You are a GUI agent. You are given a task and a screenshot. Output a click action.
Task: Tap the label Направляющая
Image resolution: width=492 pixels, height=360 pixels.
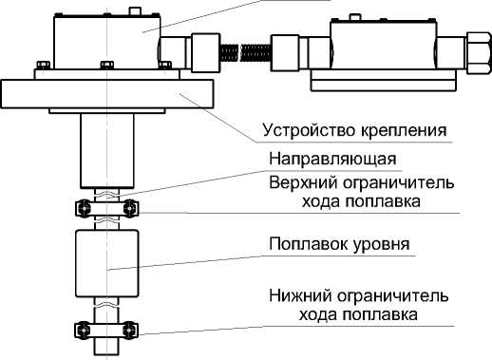[x=332, y=159]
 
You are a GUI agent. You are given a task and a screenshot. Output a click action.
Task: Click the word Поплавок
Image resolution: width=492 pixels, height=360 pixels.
[x=304, y=244]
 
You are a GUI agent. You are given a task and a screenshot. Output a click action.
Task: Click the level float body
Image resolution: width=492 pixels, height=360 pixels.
[x=107, y=263]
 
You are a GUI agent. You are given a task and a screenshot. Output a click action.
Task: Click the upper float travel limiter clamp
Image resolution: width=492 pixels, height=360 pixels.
[x=107, y=209]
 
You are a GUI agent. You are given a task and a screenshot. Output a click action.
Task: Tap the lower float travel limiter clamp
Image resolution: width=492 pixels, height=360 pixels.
[x=106, y=331]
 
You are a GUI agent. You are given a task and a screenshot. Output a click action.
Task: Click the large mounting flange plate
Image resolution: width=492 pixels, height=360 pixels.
[x=107, y=94]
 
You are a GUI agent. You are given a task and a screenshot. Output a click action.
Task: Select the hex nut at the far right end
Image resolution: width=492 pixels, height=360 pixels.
[x=479, y=52]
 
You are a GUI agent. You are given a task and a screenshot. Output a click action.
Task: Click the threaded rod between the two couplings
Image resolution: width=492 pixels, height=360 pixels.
[x=245, y=52]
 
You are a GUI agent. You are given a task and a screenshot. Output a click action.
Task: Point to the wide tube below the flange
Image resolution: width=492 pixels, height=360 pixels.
[x=107, y=151]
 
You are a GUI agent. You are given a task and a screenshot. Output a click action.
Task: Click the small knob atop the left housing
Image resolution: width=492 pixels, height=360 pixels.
[x=135, y=11]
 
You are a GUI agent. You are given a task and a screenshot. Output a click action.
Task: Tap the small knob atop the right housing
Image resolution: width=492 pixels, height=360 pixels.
[x=354, y=17]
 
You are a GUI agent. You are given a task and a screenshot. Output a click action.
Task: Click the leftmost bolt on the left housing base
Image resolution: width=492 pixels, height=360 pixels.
[x=43, y=65]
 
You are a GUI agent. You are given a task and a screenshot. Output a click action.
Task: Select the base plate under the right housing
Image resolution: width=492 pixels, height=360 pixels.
[x=384, y=81]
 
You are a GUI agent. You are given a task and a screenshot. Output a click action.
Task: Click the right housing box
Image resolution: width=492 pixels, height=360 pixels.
[x=384, y=45]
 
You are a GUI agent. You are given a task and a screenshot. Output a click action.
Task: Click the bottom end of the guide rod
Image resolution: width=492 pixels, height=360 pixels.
[x=106, y=354]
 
